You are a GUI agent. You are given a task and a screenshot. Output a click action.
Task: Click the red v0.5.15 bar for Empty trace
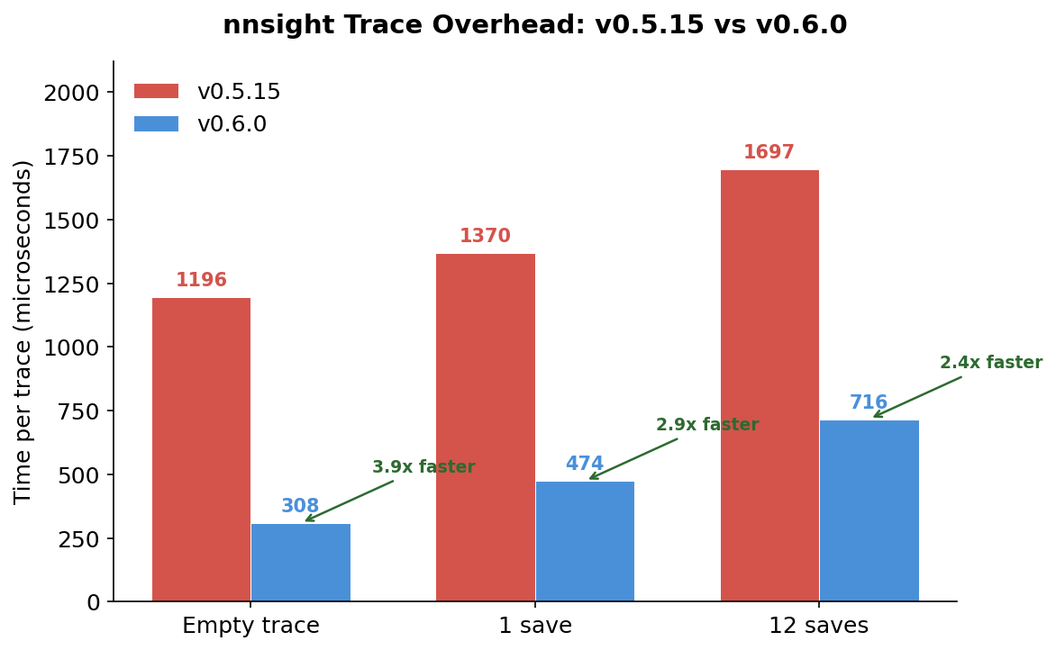[x=201, y=449]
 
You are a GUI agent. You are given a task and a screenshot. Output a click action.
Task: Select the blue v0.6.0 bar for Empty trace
[x=301, y=563]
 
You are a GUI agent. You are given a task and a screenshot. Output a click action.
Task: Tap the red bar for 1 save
[x=486, y=428]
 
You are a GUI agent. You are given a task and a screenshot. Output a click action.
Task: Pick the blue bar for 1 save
[x=585, y=541]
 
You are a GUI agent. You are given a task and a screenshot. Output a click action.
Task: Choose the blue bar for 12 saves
[x=869, y=510]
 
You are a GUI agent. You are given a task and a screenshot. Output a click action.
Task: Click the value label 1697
[x=769, y=153]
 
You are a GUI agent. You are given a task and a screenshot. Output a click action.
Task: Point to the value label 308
[x=300, y=507]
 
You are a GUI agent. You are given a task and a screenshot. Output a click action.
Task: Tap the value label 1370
[x=485, y=237]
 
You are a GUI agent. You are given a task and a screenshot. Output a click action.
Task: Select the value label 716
[x=869, y=403]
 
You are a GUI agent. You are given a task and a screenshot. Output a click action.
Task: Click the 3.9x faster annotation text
[x=423, y=467]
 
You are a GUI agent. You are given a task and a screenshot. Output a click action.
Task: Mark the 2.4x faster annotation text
[x=991, y=363]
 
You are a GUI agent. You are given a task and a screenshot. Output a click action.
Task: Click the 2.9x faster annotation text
[x=707, y=425]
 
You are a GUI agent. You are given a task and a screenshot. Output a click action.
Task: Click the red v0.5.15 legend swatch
[x=156, y=92]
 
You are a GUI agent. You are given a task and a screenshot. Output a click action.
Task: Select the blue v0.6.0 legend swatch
[x=156, y=124]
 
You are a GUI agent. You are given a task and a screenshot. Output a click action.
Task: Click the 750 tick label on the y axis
[x=80, y=411]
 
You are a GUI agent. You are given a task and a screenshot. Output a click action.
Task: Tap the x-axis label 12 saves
[x=818, y=626]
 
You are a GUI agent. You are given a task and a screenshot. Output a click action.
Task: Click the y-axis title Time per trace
[x=23, y=331]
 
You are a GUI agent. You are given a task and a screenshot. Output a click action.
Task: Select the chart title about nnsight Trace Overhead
[x=534, y=25]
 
